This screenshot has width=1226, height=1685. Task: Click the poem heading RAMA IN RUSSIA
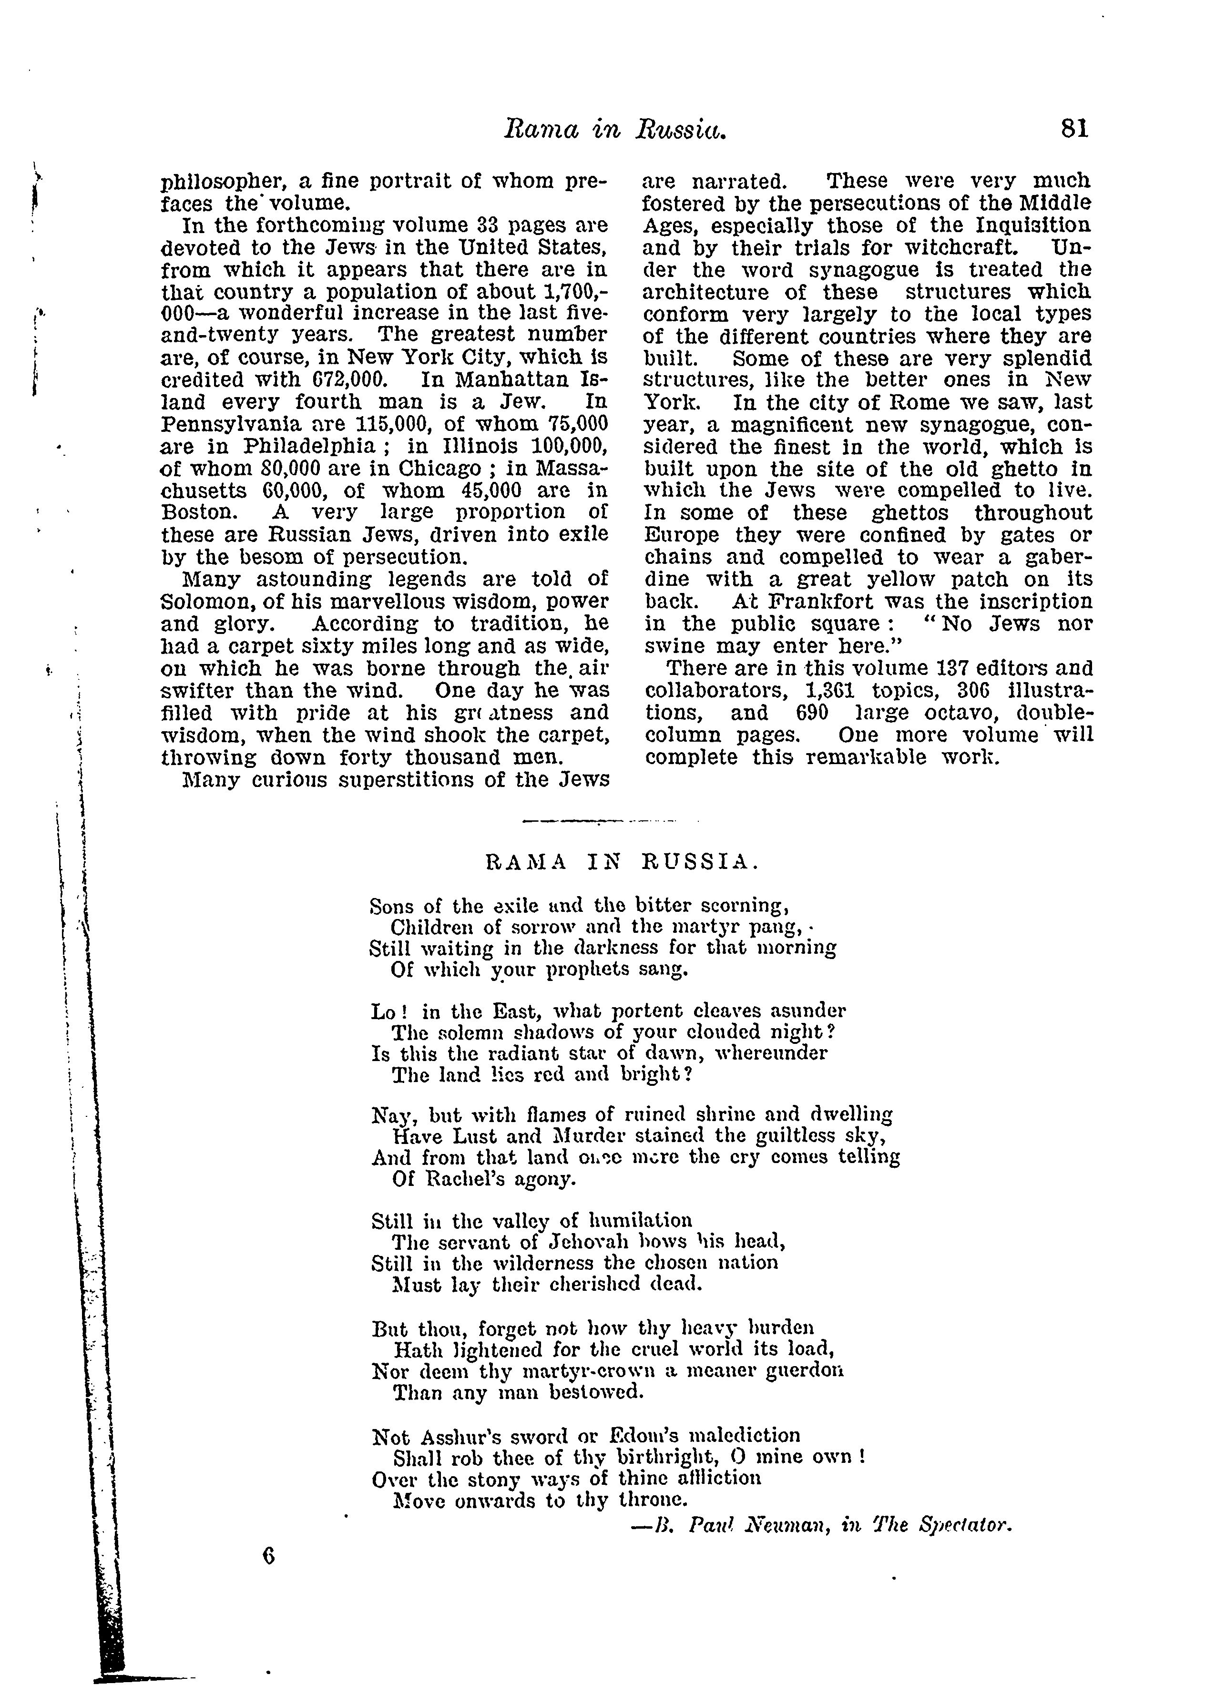coord(621,863)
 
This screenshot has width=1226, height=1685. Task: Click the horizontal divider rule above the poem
coord(599,821)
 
